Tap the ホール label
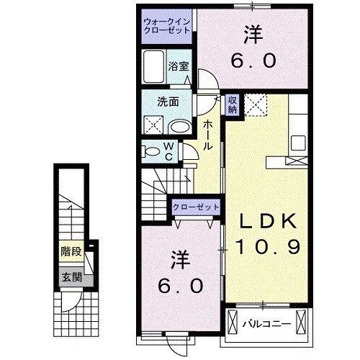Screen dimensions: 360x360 208,135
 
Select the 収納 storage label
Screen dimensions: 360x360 233,105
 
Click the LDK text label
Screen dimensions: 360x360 265,220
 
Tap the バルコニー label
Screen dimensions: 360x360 266,323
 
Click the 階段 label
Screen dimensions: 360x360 71,253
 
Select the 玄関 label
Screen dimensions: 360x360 70,276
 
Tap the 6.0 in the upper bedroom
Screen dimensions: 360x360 253,62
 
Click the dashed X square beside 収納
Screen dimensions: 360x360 256,104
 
